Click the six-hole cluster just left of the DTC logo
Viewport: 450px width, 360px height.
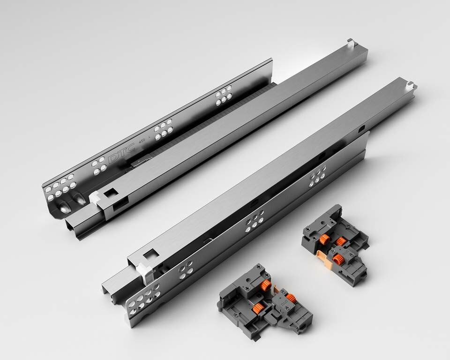98,166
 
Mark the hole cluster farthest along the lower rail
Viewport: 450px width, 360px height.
318,176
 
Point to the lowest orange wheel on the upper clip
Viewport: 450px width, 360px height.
342,257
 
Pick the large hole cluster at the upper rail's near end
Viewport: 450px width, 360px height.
59,187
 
